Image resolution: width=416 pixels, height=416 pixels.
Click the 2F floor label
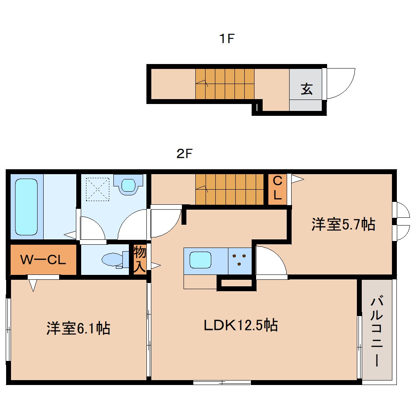[184, 154]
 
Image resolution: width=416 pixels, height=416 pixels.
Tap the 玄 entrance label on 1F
[307, 89]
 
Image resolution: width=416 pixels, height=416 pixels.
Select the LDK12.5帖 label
[241, 325]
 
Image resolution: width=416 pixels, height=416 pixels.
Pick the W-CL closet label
[43, 260]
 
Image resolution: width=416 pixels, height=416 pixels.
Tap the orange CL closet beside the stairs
[277, 188]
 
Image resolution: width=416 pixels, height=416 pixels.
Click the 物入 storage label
[140, 259]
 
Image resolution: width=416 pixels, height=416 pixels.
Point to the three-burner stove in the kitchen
[239, 260]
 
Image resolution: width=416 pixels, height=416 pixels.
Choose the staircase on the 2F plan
[230, 189]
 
